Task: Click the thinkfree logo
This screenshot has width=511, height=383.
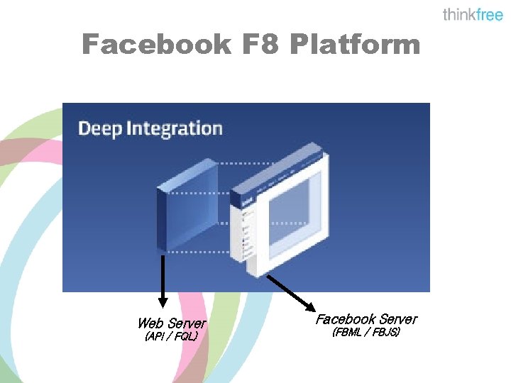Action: coord(472,15)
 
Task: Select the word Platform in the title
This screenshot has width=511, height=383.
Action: coord(355,45)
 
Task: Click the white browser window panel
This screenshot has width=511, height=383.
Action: coord(284,213)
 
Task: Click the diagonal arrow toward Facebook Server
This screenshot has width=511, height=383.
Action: coord(291,291)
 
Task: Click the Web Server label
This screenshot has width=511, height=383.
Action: coord(171,323)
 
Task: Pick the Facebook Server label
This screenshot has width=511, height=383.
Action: coord(366,319)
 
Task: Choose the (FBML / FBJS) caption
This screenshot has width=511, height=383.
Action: coord(366,332)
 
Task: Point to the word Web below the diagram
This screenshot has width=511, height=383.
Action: coord(150,323)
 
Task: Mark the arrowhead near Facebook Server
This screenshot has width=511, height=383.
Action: coord(311,306)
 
